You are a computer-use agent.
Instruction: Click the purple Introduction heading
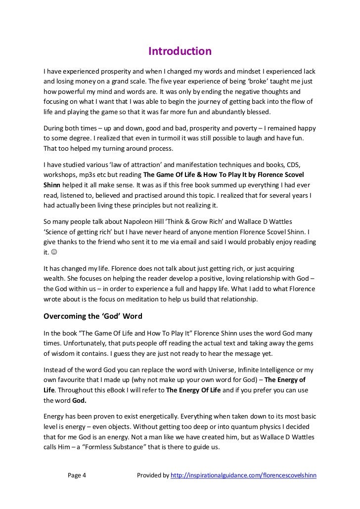pyautogui.click(x=180, y=51)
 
